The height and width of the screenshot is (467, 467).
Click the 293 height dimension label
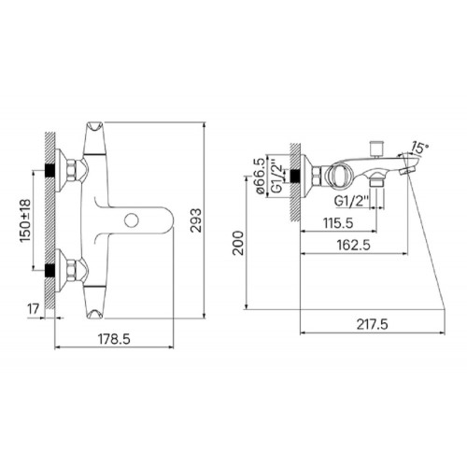click(x=196, y=220)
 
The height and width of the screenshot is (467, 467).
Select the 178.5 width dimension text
click(x=114, y=339)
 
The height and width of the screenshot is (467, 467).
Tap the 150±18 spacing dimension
click(x=25, y=220)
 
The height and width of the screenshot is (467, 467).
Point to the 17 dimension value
click(x=34, y=309)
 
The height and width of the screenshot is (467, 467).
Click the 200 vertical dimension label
click(x=238, y=243)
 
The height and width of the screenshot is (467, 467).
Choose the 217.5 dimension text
click(x=372, y=325)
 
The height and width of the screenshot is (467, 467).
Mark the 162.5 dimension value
click(x=354, y=245)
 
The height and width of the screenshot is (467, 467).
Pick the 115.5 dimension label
click(x=338, y=223)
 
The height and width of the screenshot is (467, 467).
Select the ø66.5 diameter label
click(x=261, y=176)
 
